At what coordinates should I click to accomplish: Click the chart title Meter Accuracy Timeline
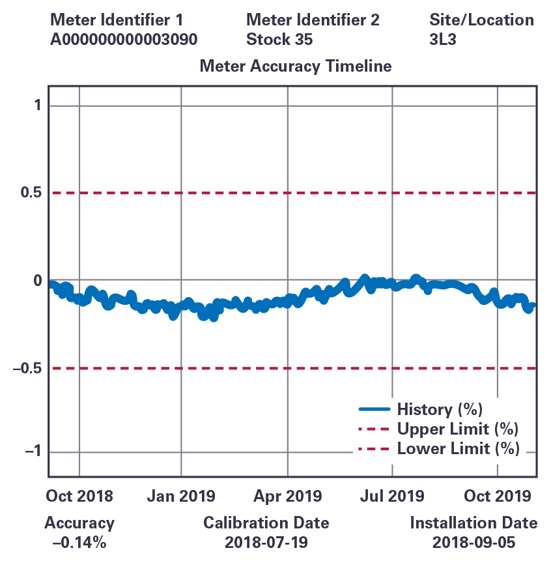click(x=296, y=66)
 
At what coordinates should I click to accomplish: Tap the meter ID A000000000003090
click(x=124, y=39)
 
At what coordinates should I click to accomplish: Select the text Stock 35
click(x=279, y=39)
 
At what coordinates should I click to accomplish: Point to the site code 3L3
click(x=442, y=39)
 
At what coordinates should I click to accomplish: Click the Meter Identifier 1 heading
click(x=117, y=20)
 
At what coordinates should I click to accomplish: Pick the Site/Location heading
click(x=482, y=20)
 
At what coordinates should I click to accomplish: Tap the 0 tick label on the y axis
click(x=36, y=281)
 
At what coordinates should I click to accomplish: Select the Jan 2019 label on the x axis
click(x=181, y=496)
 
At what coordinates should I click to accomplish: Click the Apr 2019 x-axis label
click(x=287, y=496)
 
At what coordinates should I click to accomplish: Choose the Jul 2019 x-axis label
click(x=393, y=496)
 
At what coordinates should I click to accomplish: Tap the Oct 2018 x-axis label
click(x=79, y=496)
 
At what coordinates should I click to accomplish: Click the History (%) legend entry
click(x=439, y=409)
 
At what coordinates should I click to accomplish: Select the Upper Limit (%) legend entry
click(x=458, y=429)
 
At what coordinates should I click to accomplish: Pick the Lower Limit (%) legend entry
click(x=458, y=448)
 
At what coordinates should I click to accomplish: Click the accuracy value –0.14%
click(x=79, y=542)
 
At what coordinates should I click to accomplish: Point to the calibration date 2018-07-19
click(x=266, y=542)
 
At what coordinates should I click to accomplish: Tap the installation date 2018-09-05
click(x=473, y=542)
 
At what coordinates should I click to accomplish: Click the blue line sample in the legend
click(x=374, y=409)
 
